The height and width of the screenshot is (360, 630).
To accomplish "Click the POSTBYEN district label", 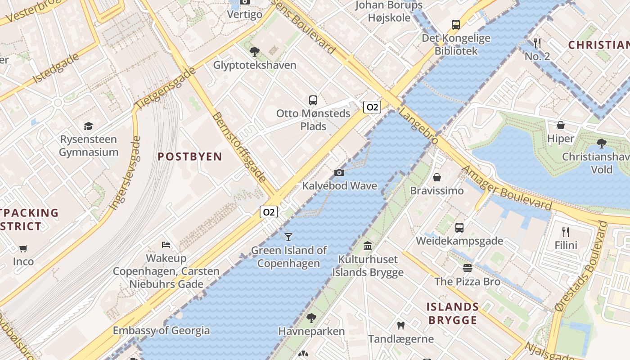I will coord(190,157).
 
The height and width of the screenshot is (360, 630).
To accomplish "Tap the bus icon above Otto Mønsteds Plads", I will coord(313,100).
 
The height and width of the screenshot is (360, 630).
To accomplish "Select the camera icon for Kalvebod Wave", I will coord(339,172).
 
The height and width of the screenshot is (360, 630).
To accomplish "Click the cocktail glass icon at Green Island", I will coord(288,237).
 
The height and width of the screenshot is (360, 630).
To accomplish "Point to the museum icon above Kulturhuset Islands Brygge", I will coord(368,246).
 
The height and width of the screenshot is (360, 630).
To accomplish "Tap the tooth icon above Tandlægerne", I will coord(400,325).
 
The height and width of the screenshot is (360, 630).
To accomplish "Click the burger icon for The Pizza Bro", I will coord(468,268).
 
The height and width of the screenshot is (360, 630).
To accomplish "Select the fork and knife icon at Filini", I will coord(566,232).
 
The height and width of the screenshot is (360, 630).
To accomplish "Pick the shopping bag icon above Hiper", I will coord(561,125).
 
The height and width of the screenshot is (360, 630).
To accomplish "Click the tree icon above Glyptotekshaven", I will coord(255,52).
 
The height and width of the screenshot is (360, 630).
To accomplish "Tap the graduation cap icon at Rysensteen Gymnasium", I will coord(88,126).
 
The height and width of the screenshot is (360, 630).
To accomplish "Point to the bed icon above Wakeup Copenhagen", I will coord(166,245).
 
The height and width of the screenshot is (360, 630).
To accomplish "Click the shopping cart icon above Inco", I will coord(23,248).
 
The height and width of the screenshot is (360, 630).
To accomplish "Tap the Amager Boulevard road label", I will coord(507,188).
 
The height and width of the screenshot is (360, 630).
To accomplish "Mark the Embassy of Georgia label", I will coord(161,331).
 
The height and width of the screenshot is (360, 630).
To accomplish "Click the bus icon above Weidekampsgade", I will coord(459,228).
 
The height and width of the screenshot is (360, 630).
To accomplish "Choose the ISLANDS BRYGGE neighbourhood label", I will coord(452,314).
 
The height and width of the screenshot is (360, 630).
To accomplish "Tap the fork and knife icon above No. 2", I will coord(537,43).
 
